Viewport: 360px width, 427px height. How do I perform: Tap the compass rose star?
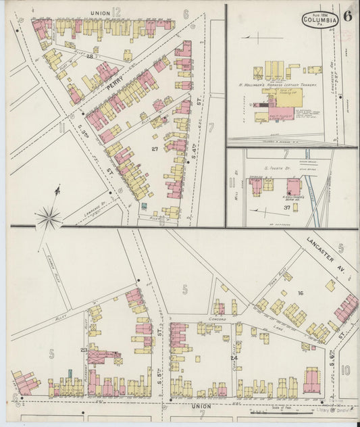point(49,217)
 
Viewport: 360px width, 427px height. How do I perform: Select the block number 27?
point(155,148)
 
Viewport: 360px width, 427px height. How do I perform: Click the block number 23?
point(84,349)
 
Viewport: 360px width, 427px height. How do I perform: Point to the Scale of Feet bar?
point(277,410)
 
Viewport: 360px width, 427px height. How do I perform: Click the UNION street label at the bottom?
point(201,406)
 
